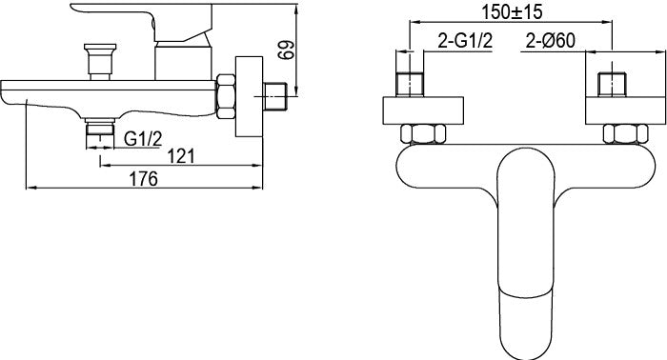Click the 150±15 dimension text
coord(513,11)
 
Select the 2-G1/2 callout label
coord(465,41)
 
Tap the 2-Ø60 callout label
coord(551,41)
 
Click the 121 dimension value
coord(181,156)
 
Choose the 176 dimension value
coord(143,179)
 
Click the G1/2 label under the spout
coord(143,139)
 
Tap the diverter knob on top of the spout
coord(100,61)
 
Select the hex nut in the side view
coord(226,96)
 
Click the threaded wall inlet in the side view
coord(275,97)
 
